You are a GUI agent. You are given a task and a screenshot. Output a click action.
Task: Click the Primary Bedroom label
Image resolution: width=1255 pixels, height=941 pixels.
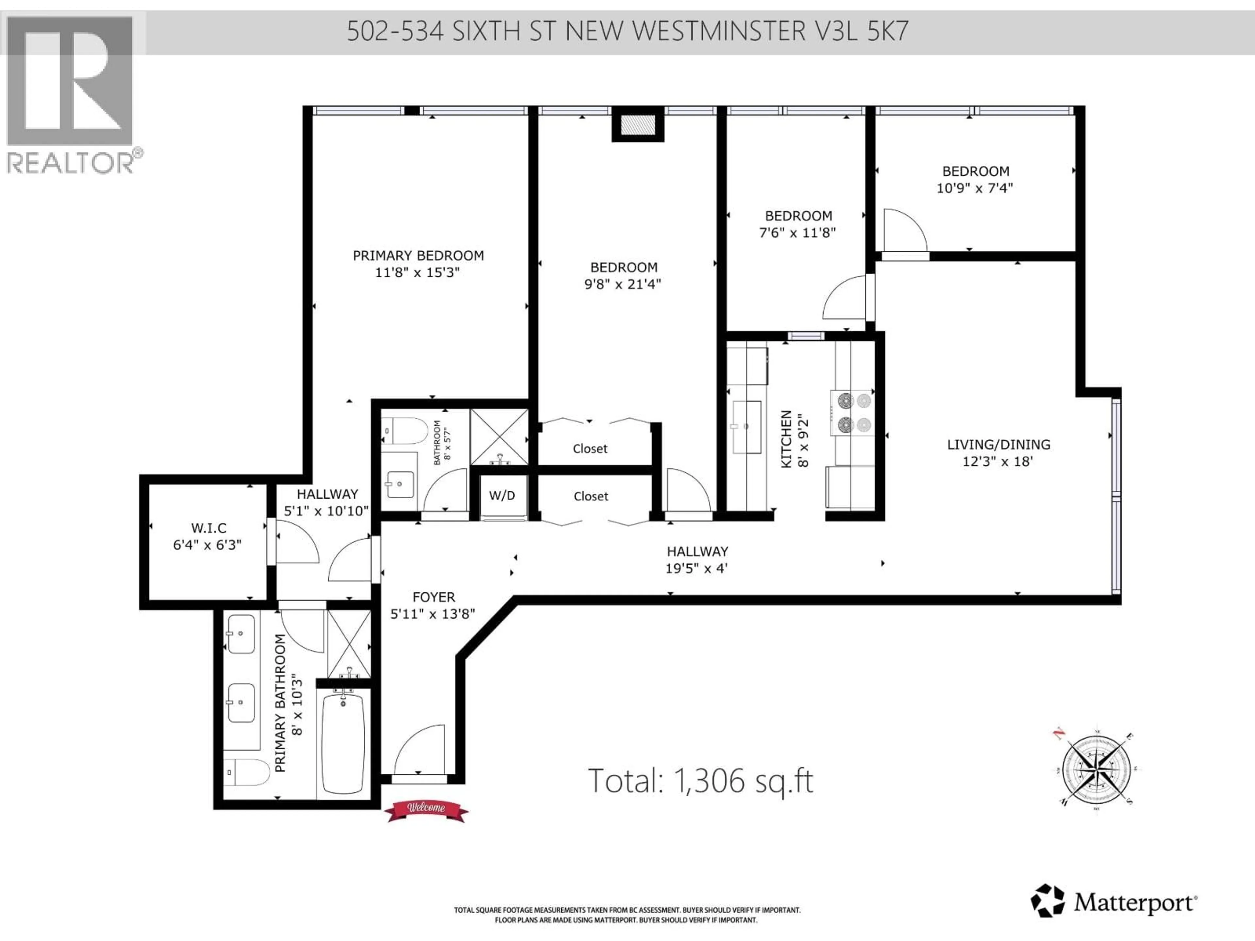pyautogui.click(x=418, y=256)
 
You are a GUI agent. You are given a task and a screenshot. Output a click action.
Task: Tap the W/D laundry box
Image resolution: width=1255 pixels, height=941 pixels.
pyautogui.click(x=502, y=496)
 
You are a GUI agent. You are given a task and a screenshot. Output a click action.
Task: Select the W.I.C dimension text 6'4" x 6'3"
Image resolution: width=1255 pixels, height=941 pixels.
pyautogui.click(x=207, y=545)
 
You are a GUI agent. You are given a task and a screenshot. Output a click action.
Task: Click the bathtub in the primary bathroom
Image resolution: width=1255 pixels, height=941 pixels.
pyautogui.click(x=343, y=743)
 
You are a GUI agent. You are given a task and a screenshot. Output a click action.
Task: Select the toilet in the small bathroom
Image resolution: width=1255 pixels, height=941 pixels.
pyautogui.click(x=404, y=431)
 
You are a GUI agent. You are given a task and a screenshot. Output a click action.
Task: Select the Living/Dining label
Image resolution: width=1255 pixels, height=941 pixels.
pyautogui.click(x=998, y=445)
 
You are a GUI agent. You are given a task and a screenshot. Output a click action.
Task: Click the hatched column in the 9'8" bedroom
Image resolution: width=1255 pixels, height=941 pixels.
pyautogui.click(x=638, y=125)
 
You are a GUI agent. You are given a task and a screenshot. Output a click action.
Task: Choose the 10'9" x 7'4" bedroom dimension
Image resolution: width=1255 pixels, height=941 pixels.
pyautogui.click(x=975, y=188)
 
